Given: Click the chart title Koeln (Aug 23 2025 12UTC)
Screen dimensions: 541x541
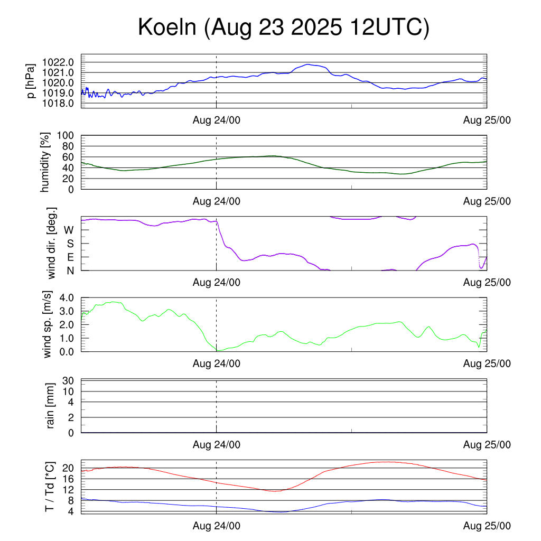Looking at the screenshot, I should click(284, 27).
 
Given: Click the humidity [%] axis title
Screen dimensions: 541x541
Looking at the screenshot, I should click(46, 162).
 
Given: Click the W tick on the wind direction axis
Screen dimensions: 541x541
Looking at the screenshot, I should click(69, 230).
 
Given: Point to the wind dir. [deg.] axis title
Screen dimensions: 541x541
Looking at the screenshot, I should click(52, 244).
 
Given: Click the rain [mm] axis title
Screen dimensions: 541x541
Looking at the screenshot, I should click(51, 406).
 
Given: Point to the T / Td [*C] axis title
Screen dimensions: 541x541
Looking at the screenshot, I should click(50, 487).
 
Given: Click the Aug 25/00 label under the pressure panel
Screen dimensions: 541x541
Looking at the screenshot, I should click(487, 120).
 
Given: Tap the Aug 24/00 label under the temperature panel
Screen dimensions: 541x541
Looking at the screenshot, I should click(217, 526).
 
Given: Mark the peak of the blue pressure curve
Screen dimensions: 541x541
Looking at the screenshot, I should click(307, 64).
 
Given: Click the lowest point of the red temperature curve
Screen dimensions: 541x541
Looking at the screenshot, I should click(275, 491).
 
